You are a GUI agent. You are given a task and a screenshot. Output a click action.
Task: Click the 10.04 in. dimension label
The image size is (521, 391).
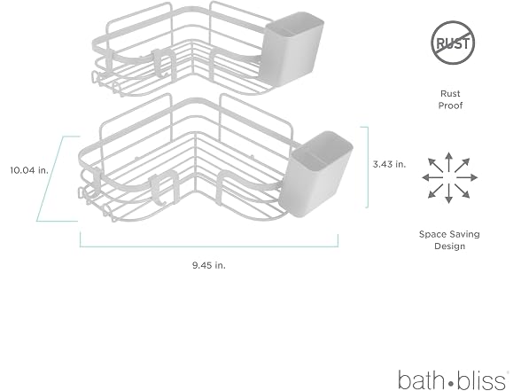tap(29, 170)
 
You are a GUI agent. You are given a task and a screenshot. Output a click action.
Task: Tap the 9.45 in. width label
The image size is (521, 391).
tap(209, 265)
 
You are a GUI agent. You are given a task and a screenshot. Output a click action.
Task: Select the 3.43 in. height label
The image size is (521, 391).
tap(389, 164)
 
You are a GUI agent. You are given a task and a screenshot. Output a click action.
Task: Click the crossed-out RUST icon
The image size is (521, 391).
tap(453, 43)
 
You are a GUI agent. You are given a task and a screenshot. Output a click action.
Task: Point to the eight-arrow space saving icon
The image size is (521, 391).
tap(449, 177)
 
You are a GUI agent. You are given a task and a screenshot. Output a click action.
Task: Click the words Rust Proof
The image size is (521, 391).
tap(450, 99)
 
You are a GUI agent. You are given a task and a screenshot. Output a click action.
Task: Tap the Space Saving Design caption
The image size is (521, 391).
tap(449, 240)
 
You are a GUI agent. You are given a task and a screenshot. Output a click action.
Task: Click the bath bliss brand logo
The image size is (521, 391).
tap(454, 379)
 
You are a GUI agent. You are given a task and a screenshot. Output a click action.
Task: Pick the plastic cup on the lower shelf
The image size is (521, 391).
tap(315, 174)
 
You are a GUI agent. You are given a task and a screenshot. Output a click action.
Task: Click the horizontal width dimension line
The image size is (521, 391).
tap(209, 246)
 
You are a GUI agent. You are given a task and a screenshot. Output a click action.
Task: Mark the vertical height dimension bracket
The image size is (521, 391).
tap(367, 167)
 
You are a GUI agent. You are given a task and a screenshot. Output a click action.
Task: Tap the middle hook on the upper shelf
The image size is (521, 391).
tap(163, 62)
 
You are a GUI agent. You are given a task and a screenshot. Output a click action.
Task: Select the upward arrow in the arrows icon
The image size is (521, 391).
tap(449, 162)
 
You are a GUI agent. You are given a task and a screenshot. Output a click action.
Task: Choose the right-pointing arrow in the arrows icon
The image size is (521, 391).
tap(467, 177)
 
